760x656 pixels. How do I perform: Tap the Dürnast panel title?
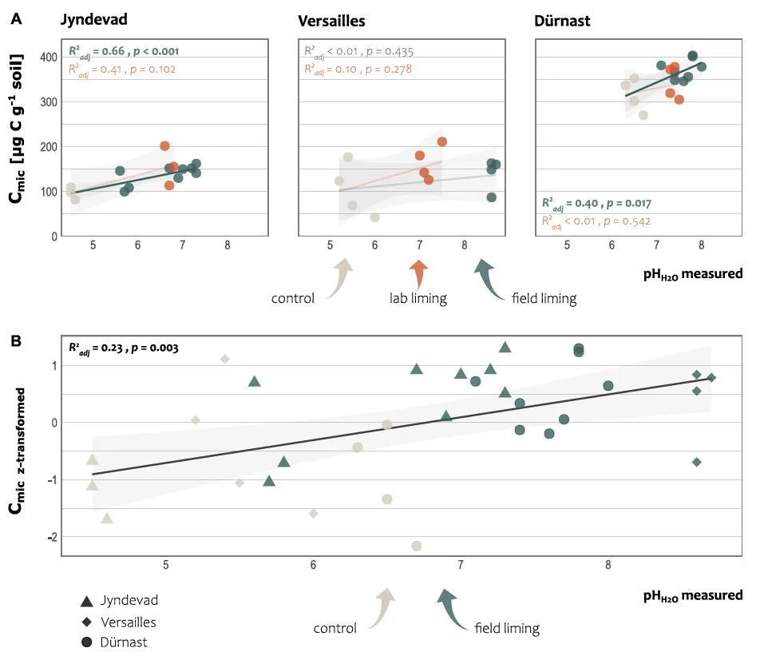coord(562,22)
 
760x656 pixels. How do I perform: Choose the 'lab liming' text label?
coord(418,298)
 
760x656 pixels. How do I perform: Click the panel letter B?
coord(16,341)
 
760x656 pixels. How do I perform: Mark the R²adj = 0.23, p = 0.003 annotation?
coord(123,348)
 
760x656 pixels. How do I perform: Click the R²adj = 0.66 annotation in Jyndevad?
coord(123,51)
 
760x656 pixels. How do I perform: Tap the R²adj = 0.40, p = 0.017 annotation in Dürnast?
coord(596,203)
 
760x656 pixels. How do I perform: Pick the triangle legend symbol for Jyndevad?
coord(87,601)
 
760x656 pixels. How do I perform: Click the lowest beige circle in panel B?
coord(416,546)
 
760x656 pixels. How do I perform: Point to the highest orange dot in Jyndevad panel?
coord(164,146)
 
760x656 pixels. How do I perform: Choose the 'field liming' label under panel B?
coord(507,628)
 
